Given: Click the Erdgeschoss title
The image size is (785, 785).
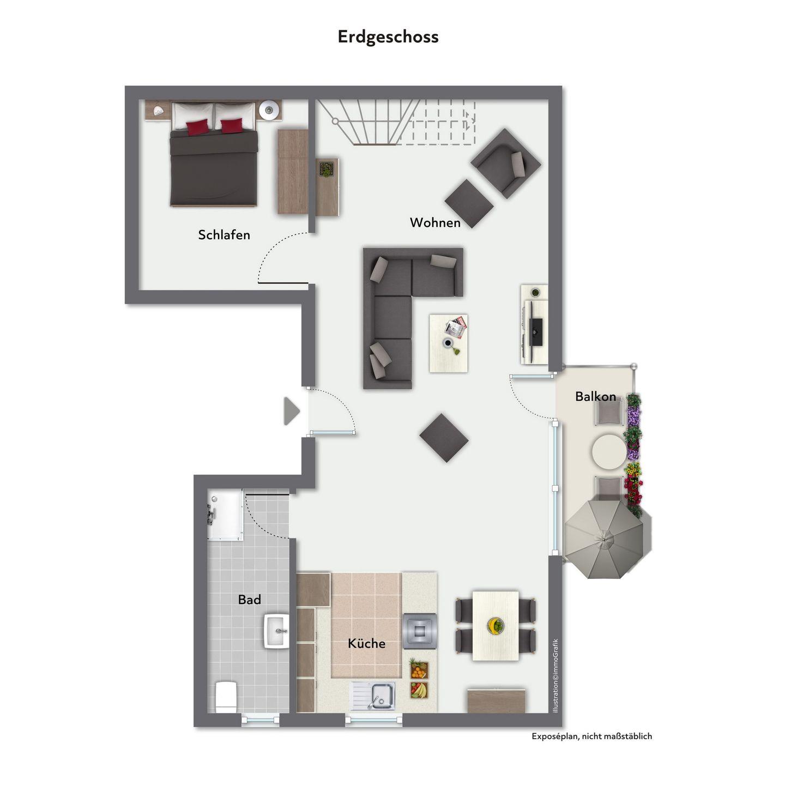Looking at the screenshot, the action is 388,37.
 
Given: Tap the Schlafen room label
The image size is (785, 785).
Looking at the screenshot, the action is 224,234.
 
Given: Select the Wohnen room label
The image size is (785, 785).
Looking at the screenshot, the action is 435,222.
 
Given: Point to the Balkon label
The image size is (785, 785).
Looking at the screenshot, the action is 595,396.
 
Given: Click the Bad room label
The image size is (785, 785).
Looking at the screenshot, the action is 249,600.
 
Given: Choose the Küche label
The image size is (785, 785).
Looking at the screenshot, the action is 367,643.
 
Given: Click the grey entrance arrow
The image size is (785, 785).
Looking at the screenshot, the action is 292,412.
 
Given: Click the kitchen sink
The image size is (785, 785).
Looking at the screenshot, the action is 373,697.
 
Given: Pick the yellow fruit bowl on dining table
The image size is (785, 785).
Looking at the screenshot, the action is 496,625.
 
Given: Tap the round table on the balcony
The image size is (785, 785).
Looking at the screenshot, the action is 608,451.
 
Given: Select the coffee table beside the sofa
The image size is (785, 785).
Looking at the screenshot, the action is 449,343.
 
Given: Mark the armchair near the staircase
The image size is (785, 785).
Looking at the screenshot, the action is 505,164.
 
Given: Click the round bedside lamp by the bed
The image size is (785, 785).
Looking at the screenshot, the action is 269,110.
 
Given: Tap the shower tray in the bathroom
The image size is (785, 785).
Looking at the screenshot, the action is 225,516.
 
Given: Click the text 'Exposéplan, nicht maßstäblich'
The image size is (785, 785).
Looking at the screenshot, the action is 591,736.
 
